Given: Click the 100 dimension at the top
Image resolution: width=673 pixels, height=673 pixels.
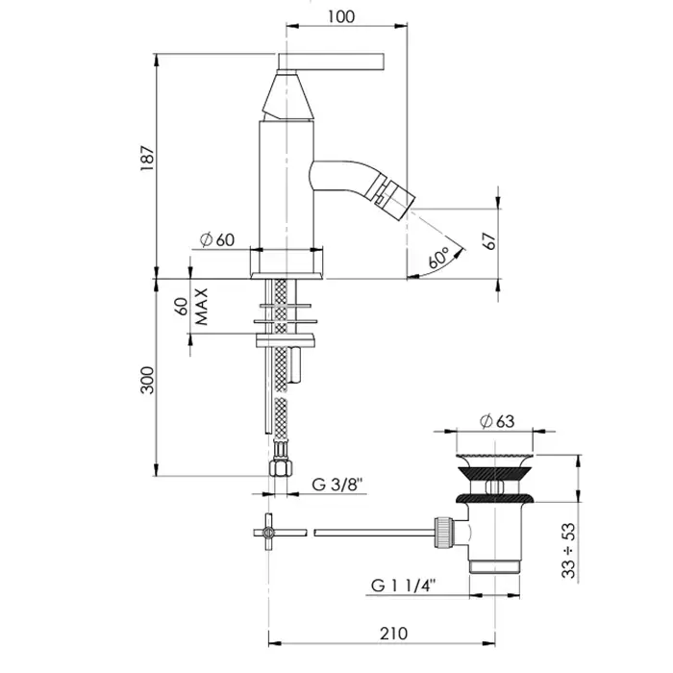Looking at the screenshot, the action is (x=341, y=16).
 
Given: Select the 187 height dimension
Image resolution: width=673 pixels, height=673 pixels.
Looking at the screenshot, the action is (x=147, y=158).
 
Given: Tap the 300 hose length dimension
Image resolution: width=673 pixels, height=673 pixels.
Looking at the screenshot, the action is (x=147, y=381).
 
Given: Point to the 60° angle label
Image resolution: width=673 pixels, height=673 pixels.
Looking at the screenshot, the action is (x=438, y=258).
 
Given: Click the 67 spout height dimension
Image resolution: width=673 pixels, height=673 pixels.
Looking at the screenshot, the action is (x=489, y=241).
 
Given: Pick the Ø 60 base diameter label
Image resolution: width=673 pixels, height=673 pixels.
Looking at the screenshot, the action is (x=217, y=240).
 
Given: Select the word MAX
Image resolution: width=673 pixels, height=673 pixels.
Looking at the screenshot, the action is (x=201, y=307).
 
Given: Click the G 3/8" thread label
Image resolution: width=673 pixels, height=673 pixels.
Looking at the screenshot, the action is (x=337, y=485).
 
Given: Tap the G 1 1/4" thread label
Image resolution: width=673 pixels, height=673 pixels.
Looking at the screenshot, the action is (x=404, y=586).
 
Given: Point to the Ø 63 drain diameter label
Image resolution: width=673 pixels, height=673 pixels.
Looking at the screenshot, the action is (x=497, y=421).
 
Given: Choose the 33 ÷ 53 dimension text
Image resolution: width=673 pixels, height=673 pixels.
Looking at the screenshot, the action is (x=569, y=550).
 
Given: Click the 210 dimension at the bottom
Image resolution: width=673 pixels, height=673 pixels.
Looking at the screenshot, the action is (x=393, y=634).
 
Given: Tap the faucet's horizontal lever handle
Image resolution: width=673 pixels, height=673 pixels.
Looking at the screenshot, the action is (x=331, y=62).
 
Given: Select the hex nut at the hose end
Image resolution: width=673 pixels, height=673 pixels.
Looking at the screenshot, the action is (x=281, y=468).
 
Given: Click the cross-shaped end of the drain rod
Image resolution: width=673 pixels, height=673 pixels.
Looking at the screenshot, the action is (x=268, y=533).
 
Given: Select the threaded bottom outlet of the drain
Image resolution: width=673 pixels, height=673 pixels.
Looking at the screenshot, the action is (x=495, y=566).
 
